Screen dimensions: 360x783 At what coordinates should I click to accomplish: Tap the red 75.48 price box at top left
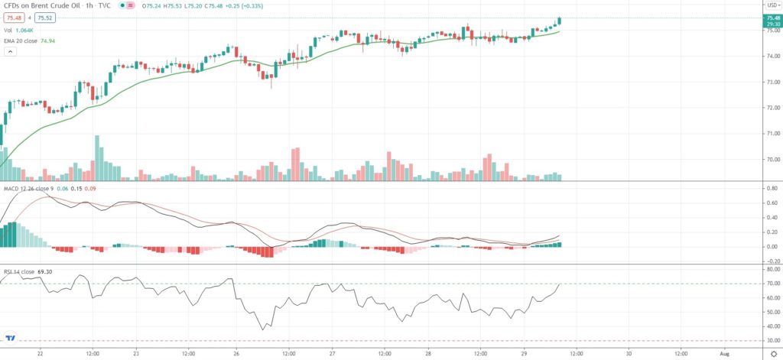12,17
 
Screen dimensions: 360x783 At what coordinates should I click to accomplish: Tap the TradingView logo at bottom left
11,337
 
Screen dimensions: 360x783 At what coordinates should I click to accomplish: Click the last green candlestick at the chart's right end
560,21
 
